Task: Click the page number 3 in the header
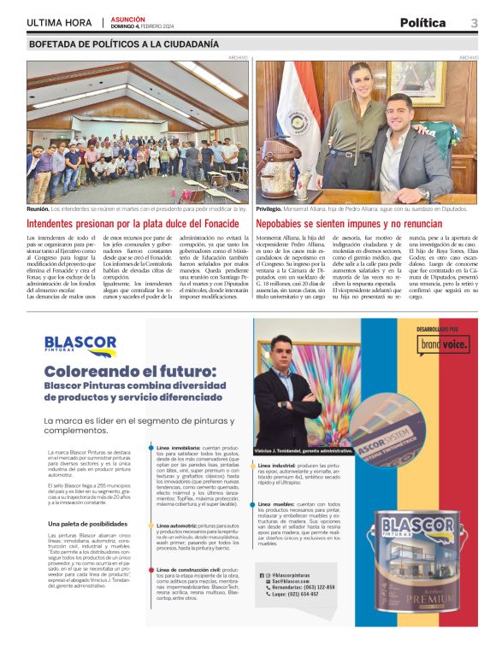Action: [x=474, y=22]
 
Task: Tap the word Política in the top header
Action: [x=423, y=22]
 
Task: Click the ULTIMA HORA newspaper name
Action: [x=60, y=23]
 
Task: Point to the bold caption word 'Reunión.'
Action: [x=38, y=208]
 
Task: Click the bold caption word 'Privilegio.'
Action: [x=271, y=208]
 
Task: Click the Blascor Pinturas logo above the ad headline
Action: [x=81, y=344]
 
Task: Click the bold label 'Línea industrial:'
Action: [x=281, y=465]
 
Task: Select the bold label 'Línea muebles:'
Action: [x=279, y=505]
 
